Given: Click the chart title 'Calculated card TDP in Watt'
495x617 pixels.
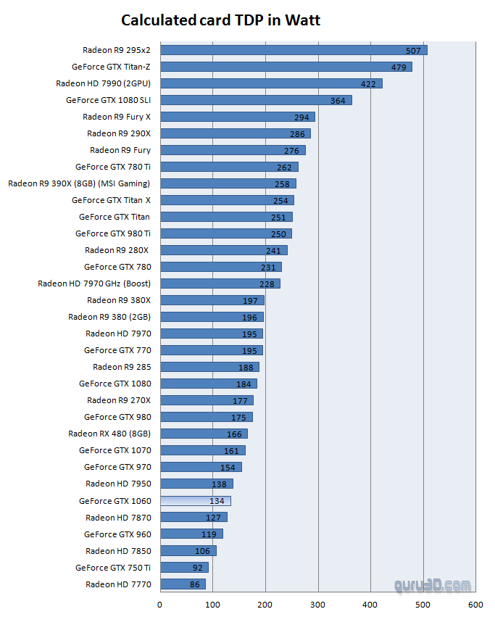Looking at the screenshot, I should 220,20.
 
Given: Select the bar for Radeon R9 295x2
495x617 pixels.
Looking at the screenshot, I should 294,50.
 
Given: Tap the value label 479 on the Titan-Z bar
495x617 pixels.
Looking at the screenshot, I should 399,67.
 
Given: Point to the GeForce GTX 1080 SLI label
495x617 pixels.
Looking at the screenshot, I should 108,100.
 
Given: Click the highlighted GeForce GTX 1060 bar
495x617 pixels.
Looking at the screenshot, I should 195,500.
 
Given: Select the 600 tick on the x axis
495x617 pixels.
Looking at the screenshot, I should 475,603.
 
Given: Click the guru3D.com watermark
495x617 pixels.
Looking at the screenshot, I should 433,585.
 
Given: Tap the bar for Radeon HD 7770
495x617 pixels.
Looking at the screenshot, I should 183,584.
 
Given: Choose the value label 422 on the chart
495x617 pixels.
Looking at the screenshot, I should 369,83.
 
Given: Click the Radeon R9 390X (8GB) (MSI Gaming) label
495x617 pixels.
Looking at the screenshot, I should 79,183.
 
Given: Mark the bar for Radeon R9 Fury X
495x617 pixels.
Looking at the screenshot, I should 237,117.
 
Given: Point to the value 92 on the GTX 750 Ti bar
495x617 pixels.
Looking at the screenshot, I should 198,568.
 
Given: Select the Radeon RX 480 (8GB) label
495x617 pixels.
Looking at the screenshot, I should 109,434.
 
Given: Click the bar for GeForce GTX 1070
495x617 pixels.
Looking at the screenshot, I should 202,450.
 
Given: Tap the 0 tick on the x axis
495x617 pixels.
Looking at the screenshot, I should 160,603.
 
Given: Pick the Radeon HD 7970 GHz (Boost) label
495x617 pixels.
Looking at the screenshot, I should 94,283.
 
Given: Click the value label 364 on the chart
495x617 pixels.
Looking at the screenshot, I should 338,100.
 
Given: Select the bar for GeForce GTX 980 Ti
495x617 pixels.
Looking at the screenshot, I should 225,233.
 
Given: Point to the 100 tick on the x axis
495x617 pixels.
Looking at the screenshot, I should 213,603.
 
